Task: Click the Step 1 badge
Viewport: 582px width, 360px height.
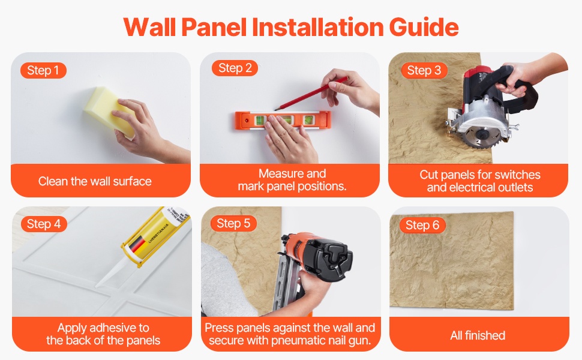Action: (43, 70)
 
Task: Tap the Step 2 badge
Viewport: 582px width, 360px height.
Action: (235, 68)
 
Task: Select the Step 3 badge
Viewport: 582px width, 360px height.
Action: (424, 70)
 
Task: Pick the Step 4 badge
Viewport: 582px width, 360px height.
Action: (44, 224)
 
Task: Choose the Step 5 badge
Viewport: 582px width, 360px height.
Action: (233, 223)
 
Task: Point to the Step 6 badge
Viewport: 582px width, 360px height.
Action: (422, 225)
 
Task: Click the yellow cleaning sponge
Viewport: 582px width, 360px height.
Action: (109, 112)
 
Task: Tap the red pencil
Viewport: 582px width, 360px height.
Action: (311, 94)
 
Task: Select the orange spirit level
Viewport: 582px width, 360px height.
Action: (283, 120)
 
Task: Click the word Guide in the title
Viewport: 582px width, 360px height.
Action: (424, 28)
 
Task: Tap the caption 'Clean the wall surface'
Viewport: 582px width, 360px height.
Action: (95, 181)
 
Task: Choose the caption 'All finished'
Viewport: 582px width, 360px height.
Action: (478, 335)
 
